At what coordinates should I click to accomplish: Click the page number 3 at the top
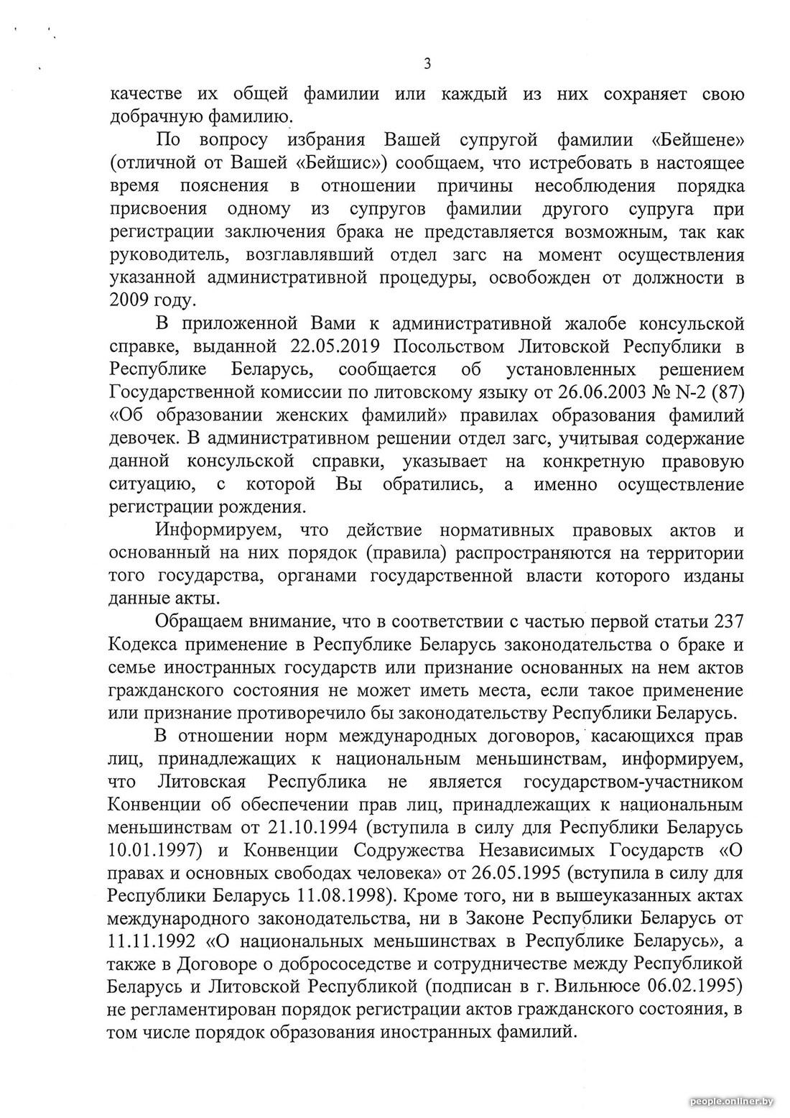pos(427,64)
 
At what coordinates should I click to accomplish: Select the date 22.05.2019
pos(333,346)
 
